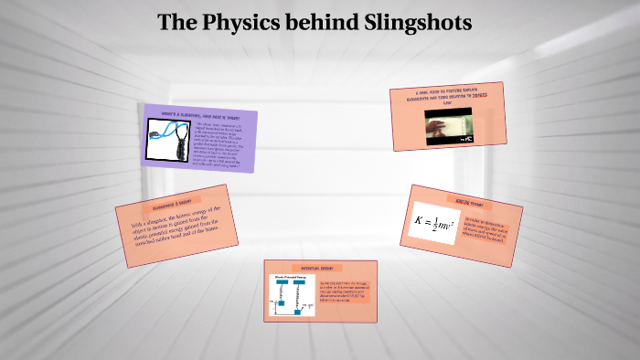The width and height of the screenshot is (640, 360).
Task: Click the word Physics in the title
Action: point(239,23)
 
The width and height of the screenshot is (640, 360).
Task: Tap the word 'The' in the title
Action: point(176,23)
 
